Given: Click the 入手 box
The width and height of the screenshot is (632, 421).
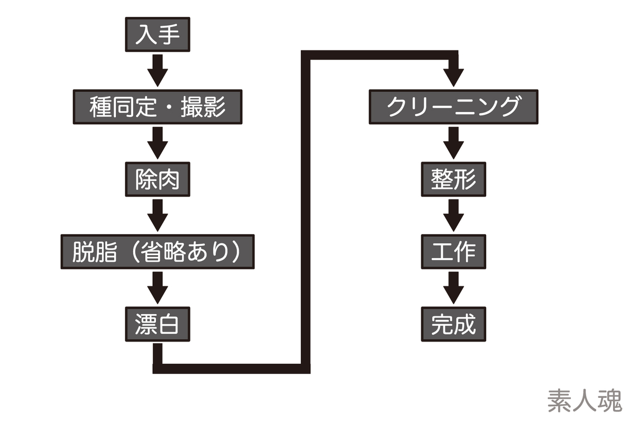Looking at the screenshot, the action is pos(157,34).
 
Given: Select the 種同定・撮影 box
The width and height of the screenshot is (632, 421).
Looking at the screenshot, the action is pos(157,107).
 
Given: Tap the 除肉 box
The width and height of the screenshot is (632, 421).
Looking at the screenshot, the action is pos(157,179).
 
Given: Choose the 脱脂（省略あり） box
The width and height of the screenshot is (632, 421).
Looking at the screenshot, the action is pos(157,252).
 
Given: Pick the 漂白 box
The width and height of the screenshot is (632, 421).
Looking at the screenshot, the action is pos(157,324).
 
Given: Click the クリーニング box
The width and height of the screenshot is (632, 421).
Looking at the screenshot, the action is pos(453,107).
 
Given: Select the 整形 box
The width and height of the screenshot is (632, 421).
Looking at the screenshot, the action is pos(453,179).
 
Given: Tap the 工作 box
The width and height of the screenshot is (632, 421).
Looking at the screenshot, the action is pos(453,252).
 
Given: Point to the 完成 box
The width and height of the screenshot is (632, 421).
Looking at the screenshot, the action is pos(453,324).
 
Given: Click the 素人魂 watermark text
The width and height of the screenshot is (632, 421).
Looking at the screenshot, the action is pos(585,400).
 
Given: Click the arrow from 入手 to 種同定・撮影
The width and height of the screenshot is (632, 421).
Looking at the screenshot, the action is pos(157,71).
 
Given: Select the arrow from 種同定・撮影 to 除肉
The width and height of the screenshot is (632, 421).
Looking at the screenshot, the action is pos(157,143).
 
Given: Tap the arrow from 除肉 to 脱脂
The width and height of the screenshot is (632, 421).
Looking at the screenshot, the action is pos(157,215).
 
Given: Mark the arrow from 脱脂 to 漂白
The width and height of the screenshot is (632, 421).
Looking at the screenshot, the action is pos(157,288).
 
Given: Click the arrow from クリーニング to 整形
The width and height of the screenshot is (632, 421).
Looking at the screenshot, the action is pos(453,143).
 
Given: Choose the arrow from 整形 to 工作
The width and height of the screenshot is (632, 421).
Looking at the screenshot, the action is pos(453,215).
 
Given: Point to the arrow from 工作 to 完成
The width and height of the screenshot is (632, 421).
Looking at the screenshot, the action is pos(453,288).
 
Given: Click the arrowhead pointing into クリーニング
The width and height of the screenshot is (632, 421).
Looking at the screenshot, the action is pos(453,77).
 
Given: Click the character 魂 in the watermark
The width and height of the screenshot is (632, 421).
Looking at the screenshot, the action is pos(610,400).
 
